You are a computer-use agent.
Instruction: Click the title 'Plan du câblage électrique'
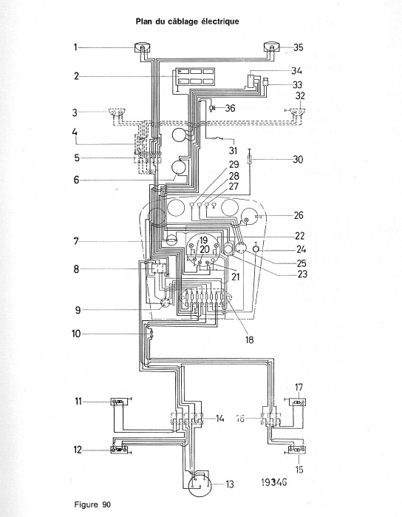pyautogui.click(x=187, y=21)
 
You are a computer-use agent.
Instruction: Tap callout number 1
pyautogui.click(x=75, y=47)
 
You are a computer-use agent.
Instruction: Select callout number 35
pyautogui.click(x=298, y=47)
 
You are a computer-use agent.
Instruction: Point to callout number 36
pyautogui.click(x=230, y=108)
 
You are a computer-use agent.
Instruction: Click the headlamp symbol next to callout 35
pyautogui.click(x=272, y=47)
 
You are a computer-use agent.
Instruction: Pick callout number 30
pyautogui.click(x=298, y=159)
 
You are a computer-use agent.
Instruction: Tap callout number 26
pyautogui.click(x=299, y=215)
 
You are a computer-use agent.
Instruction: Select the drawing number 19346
pyautogui.click(x=274, y=482)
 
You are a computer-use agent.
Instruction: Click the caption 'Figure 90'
pyautogui.click(x=92, y=505)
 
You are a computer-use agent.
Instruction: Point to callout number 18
pyautogui.click(x=250, y=339)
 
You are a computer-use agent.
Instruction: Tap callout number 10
pyautogui.click(x=76, y=334)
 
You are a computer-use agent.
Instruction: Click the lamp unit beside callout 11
pyautogui.click(x=120, y=402)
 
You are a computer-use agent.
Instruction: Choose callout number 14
pyautogui.click(x=219, y=419)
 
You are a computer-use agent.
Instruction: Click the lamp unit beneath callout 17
pyautogui.click(x=298, y=402)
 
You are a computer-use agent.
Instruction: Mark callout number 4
pyautogui.click(x=75, y=132)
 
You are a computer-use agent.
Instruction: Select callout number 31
pyautogui.click(x=233, y=150)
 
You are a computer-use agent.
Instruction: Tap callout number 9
pyautogui.click(x=78, y=310)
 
